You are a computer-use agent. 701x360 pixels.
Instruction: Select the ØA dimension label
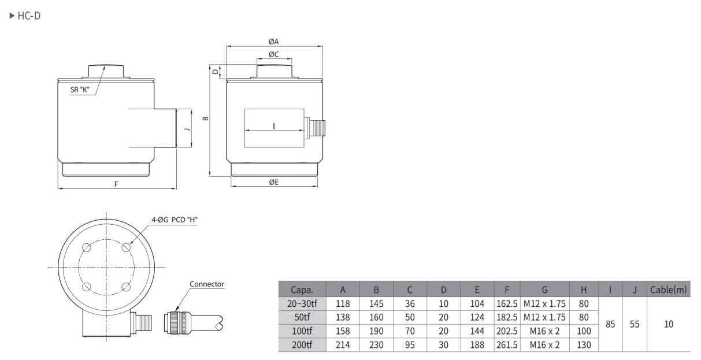pos(274,42)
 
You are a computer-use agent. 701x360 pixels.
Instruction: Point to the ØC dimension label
pos(274,54)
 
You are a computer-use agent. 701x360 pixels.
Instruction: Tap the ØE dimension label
pos(274,181)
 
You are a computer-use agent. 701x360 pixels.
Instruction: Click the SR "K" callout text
pos(79,90)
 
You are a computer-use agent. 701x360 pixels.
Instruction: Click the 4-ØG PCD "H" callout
pos(175,220)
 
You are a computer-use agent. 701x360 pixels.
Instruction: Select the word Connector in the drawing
pos(206,284)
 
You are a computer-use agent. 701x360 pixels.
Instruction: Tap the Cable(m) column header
pos(668,291)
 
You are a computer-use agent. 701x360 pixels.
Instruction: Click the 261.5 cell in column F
pos(507,345)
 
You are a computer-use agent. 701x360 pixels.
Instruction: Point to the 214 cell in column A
pos(342,345)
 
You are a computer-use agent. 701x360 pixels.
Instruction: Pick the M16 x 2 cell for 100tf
pos(544,331)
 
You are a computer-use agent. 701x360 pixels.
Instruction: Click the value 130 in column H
pos(584,345)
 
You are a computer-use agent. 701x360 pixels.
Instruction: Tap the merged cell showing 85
pos(609,324)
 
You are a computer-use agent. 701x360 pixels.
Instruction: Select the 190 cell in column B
pos(376,331)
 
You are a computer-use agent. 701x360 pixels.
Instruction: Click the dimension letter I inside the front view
pos(273,125)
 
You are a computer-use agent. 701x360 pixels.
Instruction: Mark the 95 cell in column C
pos(410,345)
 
